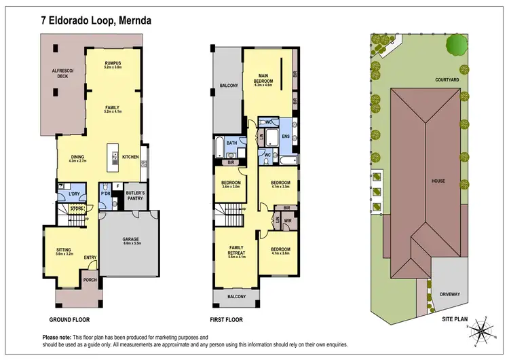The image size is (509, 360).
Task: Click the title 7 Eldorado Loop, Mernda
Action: [96, 20]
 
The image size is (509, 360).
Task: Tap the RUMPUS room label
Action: [113, 63]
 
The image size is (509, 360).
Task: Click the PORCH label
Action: [90, 280]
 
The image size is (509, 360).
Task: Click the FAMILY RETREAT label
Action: [236, 250]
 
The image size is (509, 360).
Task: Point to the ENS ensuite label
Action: [286, 137]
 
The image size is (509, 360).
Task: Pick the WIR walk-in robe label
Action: [288, 220]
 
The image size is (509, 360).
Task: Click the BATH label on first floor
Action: [231, 143]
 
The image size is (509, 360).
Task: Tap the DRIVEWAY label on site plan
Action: [449, 294]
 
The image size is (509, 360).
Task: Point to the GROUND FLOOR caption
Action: [70, 319]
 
